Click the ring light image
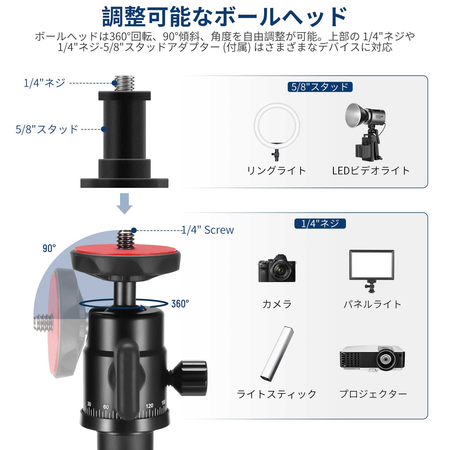277,106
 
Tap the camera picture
277,268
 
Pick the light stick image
277,354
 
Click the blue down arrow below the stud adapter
124,204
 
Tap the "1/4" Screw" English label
208,230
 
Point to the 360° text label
180,304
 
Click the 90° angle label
49,248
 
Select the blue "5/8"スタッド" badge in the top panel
320,87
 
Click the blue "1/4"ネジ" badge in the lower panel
320,224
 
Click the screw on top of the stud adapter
124,83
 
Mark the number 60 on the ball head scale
106,407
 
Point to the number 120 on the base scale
149,406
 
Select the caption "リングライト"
276,171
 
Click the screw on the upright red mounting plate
125,240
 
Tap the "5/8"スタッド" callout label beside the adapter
47,129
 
